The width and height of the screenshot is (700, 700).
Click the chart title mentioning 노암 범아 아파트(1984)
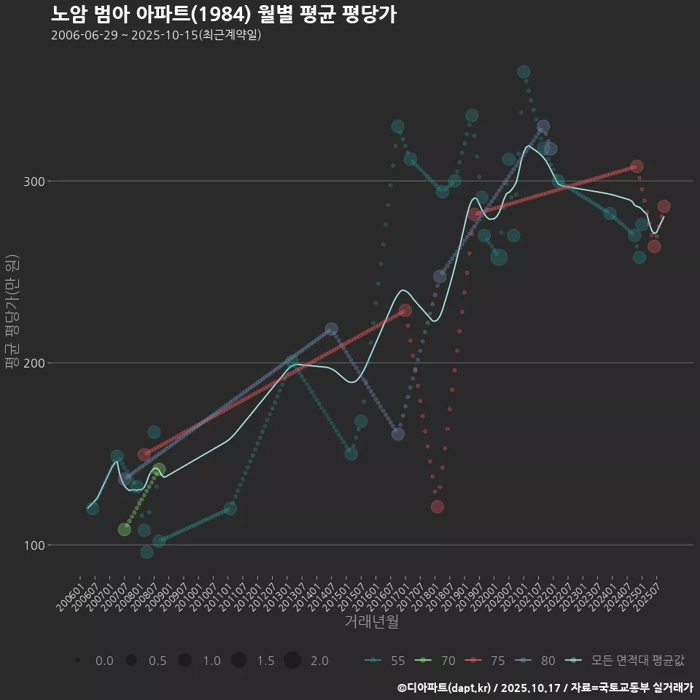pos(224,14)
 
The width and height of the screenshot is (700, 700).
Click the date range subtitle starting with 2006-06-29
pos(156,35)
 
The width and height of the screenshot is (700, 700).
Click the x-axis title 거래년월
pos(371,622)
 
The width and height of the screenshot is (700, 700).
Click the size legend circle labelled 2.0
pos(292,661)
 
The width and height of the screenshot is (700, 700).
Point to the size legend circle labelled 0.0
pos(77,661)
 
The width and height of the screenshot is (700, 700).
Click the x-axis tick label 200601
pos(70,597)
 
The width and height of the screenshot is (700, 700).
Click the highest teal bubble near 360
pos(524,71)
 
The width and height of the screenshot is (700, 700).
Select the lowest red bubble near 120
pos(437,507)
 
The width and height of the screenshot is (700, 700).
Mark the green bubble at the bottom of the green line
pos(125,529)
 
